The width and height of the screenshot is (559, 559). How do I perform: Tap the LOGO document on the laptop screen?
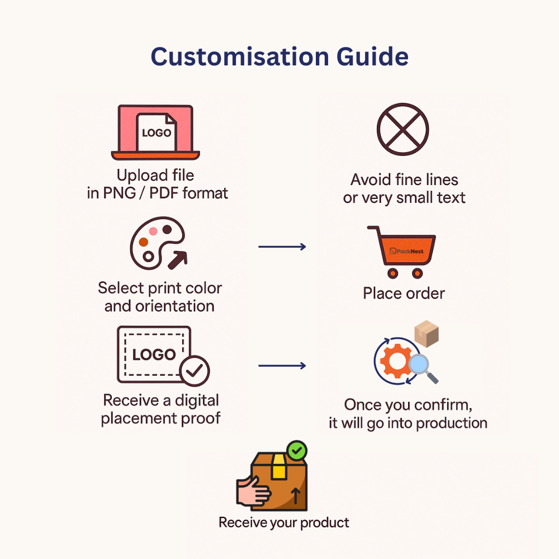(157, 132)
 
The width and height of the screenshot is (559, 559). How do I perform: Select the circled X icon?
(402, 129)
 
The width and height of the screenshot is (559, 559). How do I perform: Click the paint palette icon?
(153, 244)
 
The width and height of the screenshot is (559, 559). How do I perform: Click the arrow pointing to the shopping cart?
(282, 247)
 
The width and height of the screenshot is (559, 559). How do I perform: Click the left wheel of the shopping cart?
(392, 273)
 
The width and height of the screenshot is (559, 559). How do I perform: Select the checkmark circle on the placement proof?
(195, 369)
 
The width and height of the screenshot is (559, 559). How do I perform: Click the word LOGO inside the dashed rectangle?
(154, 354)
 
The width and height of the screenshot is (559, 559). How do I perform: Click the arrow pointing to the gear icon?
(282, 366)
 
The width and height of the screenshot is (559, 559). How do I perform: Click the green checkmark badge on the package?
(296, 450)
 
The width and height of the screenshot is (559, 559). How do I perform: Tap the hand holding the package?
(253, 490)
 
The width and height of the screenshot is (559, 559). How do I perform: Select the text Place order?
(404, 293)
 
